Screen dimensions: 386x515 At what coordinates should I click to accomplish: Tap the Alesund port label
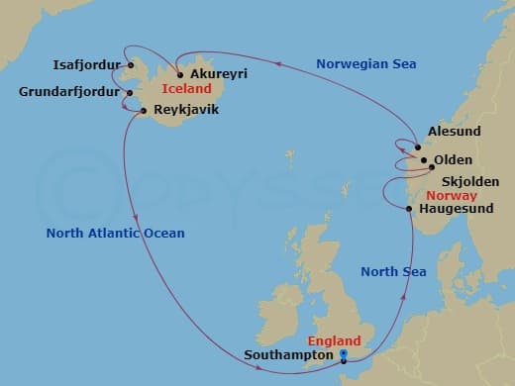coord(454,131)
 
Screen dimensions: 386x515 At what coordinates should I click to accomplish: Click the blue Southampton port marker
coord(344,353)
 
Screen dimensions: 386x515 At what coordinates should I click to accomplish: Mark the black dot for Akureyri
coord(179,74)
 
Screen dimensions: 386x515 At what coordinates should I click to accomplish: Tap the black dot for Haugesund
coord(409,208)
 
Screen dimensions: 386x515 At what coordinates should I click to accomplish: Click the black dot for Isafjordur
coord(130,66)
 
